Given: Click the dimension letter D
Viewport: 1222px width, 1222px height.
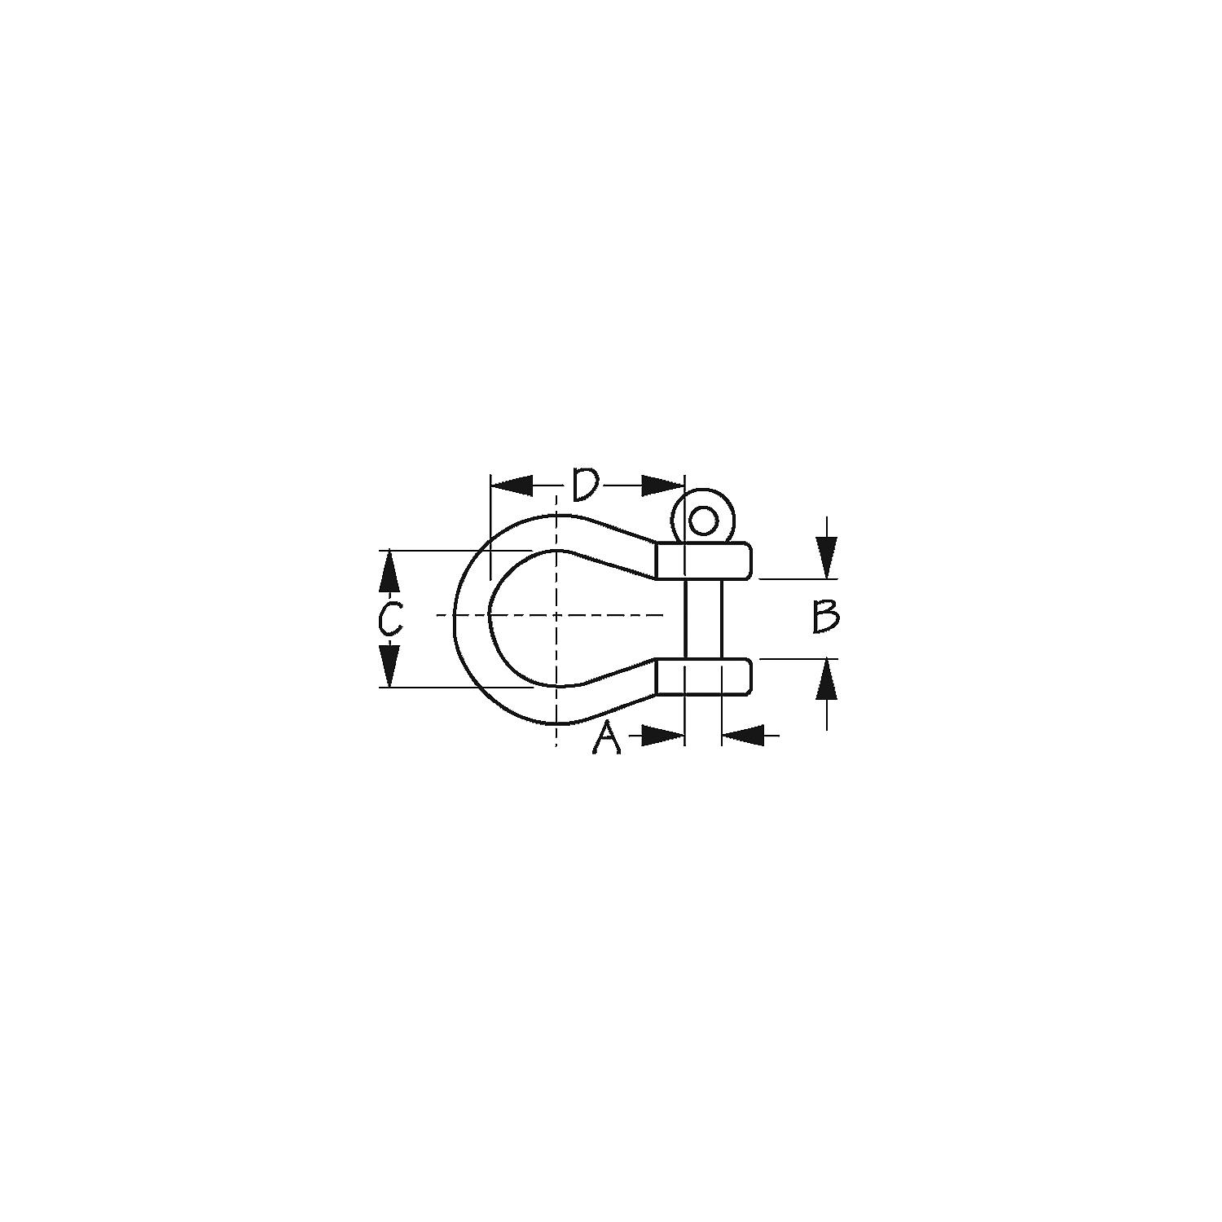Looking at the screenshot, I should coord(586,485).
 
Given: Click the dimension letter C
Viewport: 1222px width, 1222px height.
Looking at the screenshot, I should coord(390,618).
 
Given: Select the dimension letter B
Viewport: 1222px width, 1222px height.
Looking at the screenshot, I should coord(825,617).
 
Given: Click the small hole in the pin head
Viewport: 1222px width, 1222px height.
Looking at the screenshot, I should coord(703,520).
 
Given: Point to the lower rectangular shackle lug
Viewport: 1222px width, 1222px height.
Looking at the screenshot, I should coord(703,676).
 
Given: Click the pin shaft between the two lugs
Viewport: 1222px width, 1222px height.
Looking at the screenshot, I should coord(703,618).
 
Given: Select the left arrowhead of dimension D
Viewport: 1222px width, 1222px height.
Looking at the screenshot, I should coord(512,486).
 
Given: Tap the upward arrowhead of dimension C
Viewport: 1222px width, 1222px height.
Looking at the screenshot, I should coord(390,570).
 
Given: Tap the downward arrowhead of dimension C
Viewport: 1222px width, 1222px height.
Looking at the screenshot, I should coord(390,666).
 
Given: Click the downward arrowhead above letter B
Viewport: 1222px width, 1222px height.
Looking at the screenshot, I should coord(827,559).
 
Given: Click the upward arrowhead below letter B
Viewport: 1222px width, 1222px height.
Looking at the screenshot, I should coord(827,679).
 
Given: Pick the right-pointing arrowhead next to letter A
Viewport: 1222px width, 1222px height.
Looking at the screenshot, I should coord(662,736).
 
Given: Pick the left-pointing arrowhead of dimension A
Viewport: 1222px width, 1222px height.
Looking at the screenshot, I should coord(742,736).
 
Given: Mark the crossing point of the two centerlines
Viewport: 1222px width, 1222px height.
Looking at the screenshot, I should coord(556,615).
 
